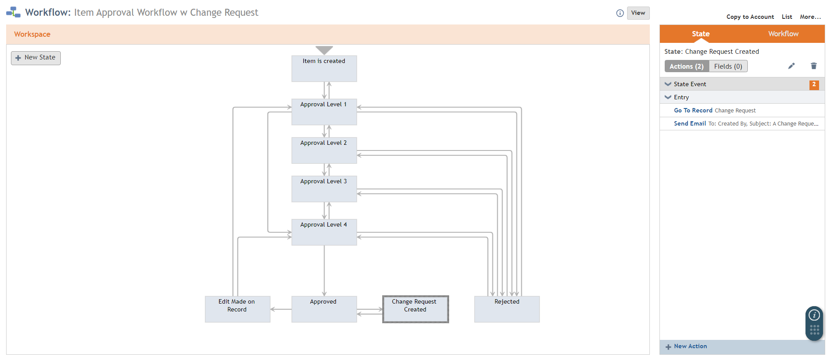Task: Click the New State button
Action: point(36,58)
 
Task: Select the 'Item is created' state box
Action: point(324,69)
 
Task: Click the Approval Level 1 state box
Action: point(324,112)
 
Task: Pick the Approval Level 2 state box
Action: point(324,150)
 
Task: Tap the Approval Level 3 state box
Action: point(324,189)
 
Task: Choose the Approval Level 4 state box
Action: point(324,232)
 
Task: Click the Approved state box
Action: point(324,309)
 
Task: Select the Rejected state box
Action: point(507,309)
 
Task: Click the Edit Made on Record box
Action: point(237,309)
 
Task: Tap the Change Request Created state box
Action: point(415,309)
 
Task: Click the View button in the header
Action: point(638,13)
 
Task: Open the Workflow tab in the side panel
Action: point(783,34)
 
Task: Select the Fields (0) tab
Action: point(728,66)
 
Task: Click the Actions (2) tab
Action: point(687,66)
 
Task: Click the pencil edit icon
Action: point(792,66)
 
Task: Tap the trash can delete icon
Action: point(813,66)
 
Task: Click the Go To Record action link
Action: point(693,111)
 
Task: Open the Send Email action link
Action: point(690,124)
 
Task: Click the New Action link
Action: point(690,346)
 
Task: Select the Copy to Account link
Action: point(750,17)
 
